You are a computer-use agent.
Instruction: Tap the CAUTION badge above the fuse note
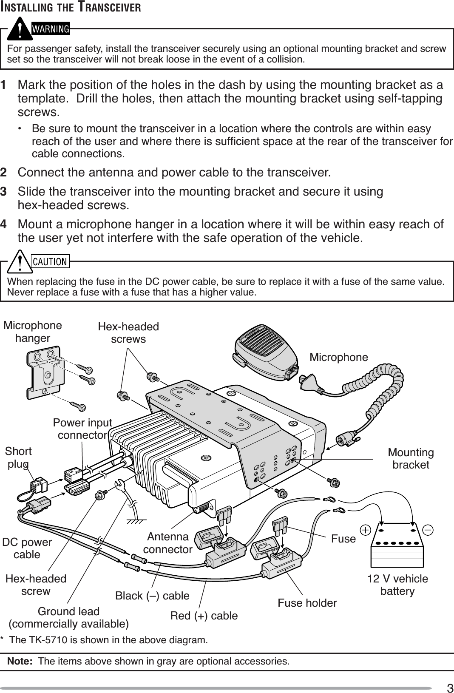[x=50, y=261]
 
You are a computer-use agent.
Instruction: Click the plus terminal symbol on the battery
[x=365, y=530]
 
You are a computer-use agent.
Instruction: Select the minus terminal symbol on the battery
[x=428, y=530]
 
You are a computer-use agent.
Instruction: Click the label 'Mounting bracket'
[x=411, y=458]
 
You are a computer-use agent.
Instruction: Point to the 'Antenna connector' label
[x=167, y=543]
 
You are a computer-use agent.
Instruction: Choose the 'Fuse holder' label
[x=307, y=602]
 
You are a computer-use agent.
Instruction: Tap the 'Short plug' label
[x=18, y=457]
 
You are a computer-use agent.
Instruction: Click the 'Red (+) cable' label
[x=204, y=616]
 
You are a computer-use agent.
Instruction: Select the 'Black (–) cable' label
[x=152, y=596]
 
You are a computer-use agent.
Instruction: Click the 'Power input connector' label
[x=82, y=429]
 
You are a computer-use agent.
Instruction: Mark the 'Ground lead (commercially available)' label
[x=68, y=617]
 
